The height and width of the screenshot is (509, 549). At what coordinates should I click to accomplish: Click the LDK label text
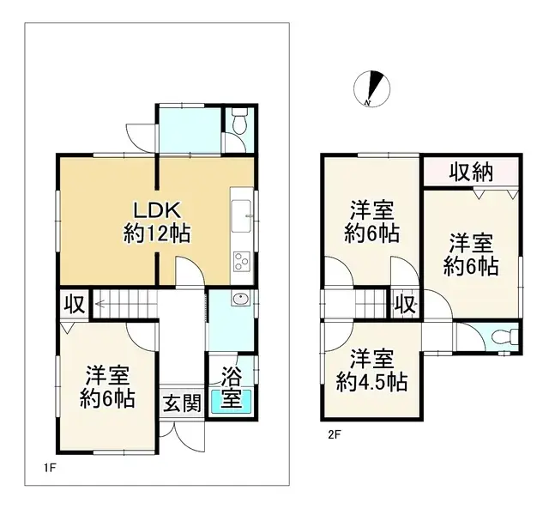(156, 209)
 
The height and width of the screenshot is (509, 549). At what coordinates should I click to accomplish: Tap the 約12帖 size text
(156, 233)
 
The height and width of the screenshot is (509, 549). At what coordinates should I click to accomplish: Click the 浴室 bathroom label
(231, 387)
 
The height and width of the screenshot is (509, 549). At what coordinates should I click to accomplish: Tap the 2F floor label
(333, 433)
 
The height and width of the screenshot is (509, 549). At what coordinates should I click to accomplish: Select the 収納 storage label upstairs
(471, 171)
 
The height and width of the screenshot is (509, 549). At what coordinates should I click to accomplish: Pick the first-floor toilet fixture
(238, 124)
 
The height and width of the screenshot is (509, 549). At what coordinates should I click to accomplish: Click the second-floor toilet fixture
(506, 335)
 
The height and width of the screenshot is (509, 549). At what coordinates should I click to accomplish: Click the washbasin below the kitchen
(239, 300)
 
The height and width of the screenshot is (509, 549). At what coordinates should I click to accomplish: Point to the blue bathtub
(232, 400)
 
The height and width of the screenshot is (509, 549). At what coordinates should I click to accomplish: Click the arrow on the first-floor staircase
(101, 302)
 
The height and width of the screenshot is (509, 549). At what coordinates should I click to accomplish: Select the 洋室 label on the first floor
(107, 376)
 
